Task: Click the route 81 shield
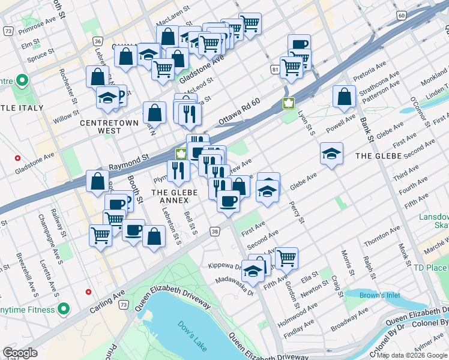pyautogui.click(x=274, y=71)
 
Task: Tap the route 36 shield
pyautogui.click(x=97, y=41)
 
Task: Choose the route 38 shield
pyautogui.click(x=215, y=231)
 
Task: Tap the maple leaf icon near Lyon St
pyautogui.click(x=289, y=103)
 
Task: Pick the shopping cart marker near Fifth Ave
pyautogui.click(x=287, y=258)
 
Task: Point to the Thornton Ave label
pyautogui.click(x=382, y=237)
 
